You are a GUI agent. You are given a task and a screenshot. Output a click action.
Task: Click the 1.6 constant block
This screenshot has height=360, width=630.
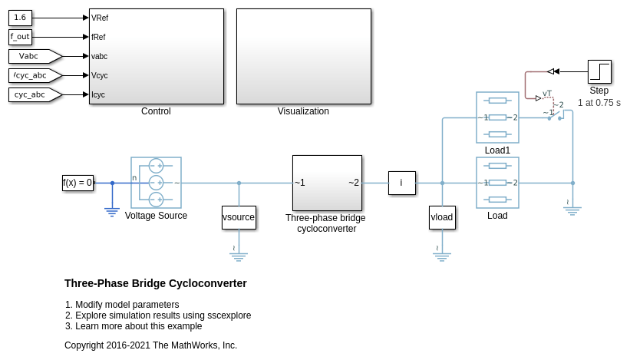coord(20,18)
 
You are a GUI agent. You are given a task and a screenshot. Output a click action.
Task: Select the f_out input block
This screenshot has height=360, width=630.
coord(20,37)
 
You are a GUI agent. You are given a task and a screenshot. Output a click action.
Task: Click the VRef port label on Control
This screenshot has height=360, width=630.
coord(99,18)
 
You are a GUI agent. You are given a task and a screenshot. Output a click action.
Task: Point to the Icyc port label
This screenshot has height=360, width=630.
coord(98,94)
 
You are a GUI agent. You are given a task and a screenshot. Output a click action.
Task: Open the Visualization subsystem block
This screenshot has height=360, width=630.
coord(303,56)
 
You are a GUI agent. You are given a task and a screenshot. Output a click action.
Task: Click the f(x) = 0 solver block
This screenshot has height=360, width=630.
coord(78,183)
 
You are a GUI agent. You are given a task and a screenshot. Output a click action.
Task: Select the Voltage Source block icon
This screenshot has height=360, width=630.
coord(156,183)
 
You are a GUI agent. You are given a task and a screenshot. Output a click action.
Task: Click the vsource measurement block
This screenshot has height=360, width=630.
coord(239,217)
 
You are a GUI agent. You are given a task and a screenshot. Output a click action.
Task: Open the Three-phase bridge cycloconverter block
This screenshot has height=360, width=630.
coord(327,183)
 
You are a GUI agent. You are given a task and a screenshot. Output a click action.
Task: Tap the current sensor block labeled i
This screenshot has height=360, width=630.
coord(401,183)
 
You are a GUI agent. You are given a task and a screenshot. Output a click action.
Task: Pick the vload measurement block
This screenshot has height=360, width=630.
coord(442,217)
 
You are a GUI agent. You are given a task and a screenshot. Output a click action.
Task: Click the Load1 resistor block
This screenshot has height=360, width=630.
coord(497,117)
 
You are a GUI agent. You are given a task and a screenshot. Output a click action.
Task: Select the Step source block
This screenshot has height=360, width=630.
coord(599,71)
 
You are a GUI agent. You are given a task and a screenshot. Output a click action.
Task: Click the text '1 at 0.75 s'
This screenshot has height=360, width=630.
coord(599,103)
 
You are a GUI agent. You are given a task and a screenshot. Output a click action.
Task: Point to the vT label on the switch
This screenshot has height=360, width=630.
coord(547,94)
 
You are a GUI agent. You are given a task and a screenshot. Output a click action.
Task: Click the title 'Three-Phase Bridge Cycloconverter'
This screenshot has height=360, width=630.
coord(156,283)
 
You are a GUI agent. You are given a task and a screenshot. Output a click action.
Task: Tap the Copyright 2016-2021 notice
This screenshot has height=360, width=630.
coord(150,345)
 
